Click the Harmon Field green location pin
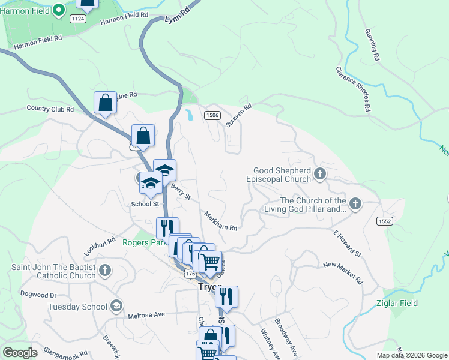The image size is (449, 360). pyautogui.click(x=58, y=10)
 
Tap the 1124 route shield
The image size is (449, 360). pyautogui.click(x=77, y=19)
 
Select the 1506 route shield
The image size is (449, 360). pyautogui.click(x=211, y=115)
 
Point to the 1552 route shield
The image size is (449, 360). pyautogui.click(x=385, y=221)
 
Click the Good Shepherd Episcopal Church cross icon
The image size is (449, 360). pyautogui.click(x=320, y=175)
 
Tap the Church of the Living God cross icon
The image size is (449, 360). pyautogui.click(x=355, y=204)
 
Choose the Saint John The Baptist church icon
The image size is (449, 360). pyautogui.click(x=105, y=270)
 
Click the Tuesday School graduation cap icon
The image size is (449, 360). pyautogui.click(x=116, y=307)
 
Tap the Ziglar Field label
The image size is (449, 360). pyautogui.click(x=397, y=303)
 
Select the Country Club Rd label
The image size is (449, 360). pyautogui.click(x=50, y=109)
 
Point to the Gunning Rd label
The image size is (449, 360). pyautogui.click(x=372, y=46)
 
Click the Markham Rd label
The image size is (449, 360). pyautogui.click(x=220, y=221)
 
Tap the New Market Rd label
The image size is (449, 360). pyautogui.click(x=343, y=273)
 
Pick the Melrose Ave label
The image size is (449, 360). pyautogui.click(x=146, y=315)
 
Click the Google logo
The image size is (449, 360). pyautogui.click(x=20, y=353)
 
